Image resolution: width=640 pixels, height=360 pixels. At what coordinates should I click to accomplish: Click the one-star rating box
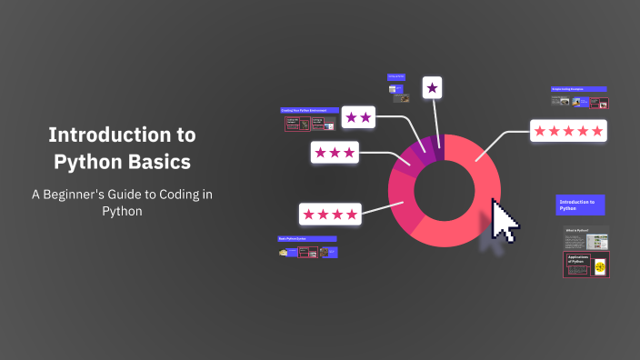(433, 88)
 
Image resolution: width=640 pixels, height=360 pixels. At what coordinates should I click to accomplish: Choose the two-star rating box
(358, 117)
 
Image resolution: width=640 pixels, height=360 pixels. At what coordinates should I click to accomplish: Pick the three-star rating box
(335, 153)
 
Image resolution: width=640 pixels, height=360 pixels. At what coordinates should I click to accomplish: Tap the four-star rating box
(330, 214)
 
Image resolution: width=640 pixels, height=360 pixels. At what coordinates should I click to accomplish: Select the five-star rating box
(568, 131)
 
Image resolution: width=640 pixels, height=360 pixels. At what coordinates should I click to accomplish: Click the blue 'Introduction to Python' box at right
(580, 205)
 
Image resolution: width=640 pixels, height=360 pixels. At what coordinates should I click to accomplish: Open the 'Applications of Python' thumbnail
(585, 265)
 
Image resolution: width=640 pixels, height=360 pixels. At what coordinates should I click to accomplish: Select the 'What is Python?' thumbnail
(585, 240)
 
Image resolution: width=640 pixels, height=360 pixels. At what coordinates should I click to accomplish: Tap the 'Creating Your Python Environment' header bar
(310, 110)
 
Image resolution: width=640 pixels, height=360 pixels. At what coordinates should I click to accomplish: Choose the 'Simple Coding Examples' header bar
(579, 89)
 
